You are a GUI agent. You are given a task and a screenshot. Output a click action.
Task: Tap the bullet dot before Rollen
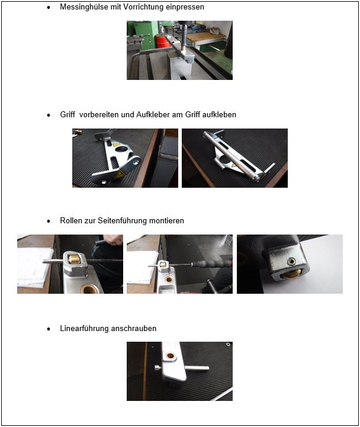click(x=49, y=221)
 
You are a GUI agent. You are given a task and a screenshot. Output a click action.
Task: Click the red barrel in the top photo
click(x=163, y=41)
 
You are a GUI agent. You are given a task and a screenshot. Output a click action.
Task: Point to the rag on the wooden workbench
click(x=216, y=30)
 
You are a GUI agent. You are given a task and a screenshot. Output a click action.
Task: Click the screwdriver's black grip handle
click(x=211, y=264)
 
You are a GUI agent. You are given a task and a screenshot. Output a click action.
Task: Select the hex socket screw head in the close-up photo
click(x=291, y=262)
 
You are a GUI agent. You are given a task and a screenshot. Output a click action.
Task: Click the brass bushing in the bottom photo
click(x=171, y=355)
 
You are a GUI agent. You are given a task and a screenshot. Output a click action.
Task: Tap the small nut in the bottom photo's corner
click(x=228, y=345)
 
